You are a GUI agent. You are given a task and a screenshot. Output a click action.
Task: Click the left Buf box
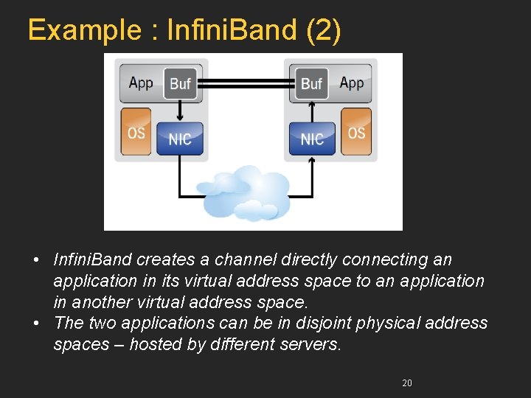click(180, 83)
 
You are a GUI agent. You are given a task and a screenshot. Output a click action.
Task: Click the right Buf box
click(311, 83)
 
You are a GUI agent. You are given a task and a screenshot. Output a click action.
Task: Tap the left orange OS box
click(136, 132)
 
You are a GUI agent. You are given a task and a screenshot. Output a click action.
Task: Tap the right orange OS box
click(356, 132)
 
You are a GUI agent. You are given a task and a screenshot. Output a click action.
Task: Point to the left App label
click(141, 83)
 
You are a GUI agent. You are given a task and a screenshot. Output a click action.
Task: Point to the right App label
click(352, 83)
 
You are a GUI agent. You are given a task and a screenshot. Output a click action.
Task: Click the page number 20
click(407, 383)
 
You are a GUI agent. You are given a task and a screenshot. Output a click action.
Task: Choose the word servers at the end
click(313, 344)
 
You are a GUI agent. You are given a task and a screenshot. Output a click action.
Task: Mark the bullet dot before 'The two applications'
click(38, 323)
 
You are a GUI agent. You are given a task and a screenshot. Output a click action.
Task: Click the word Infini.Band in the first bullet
click(92, 259)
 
